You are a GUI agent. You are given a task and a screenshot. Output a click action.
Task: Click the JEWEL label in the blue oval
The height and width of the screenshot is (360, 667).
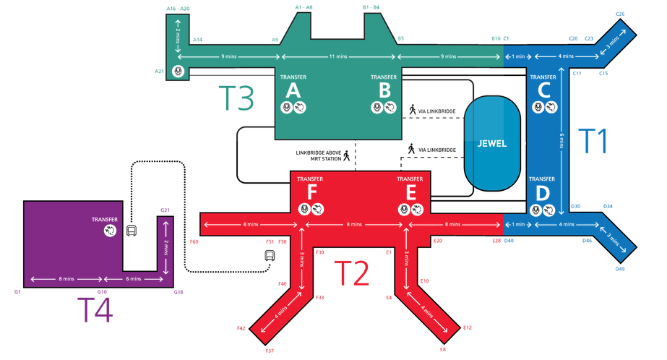point(491,143)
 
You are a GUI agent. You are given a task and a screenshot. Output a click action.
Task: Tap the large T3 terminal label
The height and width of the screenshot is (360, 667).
point(236,98)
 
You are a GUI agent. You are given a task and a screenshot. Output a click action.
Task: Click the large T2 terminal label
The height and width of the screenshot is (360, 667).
point(352,274)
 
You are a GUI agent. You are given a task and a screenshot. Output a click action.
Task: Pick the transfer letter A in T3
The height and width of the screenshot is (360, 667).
point(293,90)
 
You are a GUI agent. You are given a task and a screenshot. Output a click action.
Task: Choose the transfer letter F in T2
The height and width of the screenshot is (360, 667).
point(311,192)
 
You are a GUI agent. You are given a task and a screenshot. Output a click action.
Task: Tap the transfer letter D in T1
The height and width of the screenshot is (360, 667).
point(542,193)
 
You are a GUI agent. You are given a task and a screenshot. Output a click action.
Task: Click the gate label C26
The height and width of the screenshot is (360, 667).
point(620,14)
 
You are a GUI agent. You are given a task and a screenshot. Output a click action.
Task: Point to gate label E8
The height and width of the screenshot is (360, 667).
point(442,350)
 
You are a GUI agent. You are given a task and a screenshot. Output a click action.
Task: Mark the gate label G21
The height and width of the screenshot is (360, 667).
point(165,210)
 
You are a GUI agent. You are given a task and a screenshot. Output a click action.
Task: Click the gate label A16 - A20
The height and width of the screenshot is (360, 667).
point(177,9)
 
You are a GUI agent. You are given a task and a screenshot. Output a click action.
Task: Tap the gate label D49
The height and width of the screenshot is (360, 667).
point(619,270)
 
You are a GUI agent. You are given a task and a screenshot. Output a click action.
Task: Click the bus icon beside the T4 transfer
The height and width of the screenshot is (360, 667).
point(132,231)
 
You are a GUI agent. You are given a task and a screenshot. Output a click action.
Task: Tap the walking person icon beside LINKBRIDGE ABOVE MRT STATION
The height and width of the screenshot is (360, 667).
point(346,155)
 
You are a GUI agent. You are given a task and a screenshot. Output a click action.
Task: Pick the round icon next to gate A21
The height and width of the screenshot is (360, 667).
point(177,71)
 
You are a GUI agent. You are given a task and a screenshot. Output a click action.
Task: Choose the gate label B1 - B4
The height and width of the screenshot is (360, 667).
point(371,7)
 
